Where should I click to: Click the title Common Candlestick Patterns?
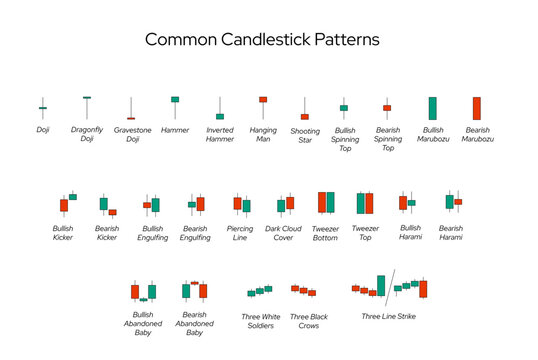click(262, 40)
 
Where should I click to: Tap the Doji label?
click(42, 129)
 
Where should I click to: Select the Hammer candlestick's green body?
click(175, 100)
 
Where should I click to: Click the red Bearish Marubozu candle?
click(477, 108)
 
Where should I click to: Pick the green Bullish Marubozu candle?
click(433, 108)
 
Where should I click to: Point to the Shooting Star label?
click(305, 134)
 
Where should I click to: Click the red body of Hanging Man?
click(263, 100)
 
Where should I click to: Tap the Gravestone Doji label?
click(132, 134)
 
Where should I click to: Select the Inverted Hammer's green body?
click(220, 116)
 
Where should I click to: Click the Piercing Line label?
click(240, 233)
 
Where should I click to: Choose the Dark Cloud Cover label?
click(285, 233)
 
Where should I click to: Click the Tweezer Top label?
click(365, 233)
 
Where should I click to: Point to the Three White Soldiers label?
click(261, 321)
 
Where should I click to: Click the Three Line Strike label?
click(389, 316)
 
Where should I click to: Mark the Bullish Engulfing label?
click(150, 233)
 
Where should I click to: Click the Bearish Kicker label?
click(106, 233)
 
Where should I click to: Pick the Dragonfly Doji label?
click(87, 134)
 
